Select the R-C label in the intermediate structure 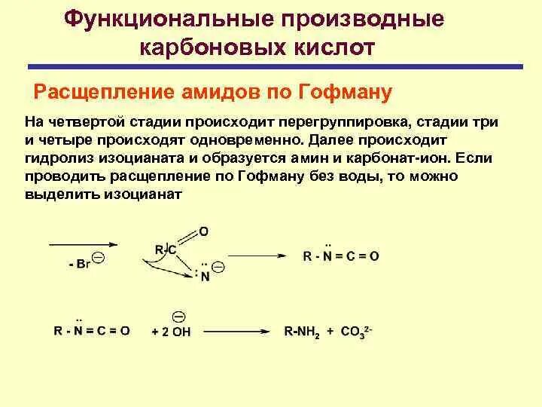coord(166,249)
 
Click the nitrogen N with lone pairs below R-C coord(204,275)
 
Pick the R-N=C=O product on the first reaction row coord(341,256)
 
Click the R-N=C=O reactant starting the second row coord(92,330)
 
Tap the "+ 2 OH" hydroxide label coord(172,331)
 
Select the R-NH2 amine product coord(301,331)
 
